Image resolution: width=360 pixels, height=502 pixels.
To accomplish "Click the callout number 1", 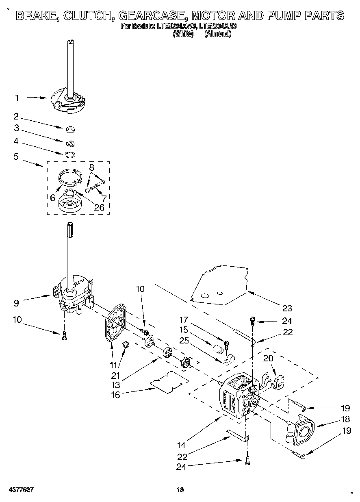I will click(17, 98).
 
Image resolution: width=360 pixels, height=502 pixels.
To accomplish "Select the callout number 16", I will click(116, 394).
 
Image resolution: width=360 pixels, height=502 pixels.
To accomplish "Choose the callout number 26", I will click(99, 207).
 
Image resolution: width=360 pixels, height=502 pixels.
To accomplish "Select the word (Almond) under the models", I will click(217, 35).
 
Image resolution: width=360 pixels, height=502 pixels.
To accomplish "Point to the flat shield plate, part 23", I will click(219, 285).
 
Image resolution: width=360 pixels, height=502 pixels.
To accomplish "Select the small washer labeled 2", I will click(71, 130).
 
